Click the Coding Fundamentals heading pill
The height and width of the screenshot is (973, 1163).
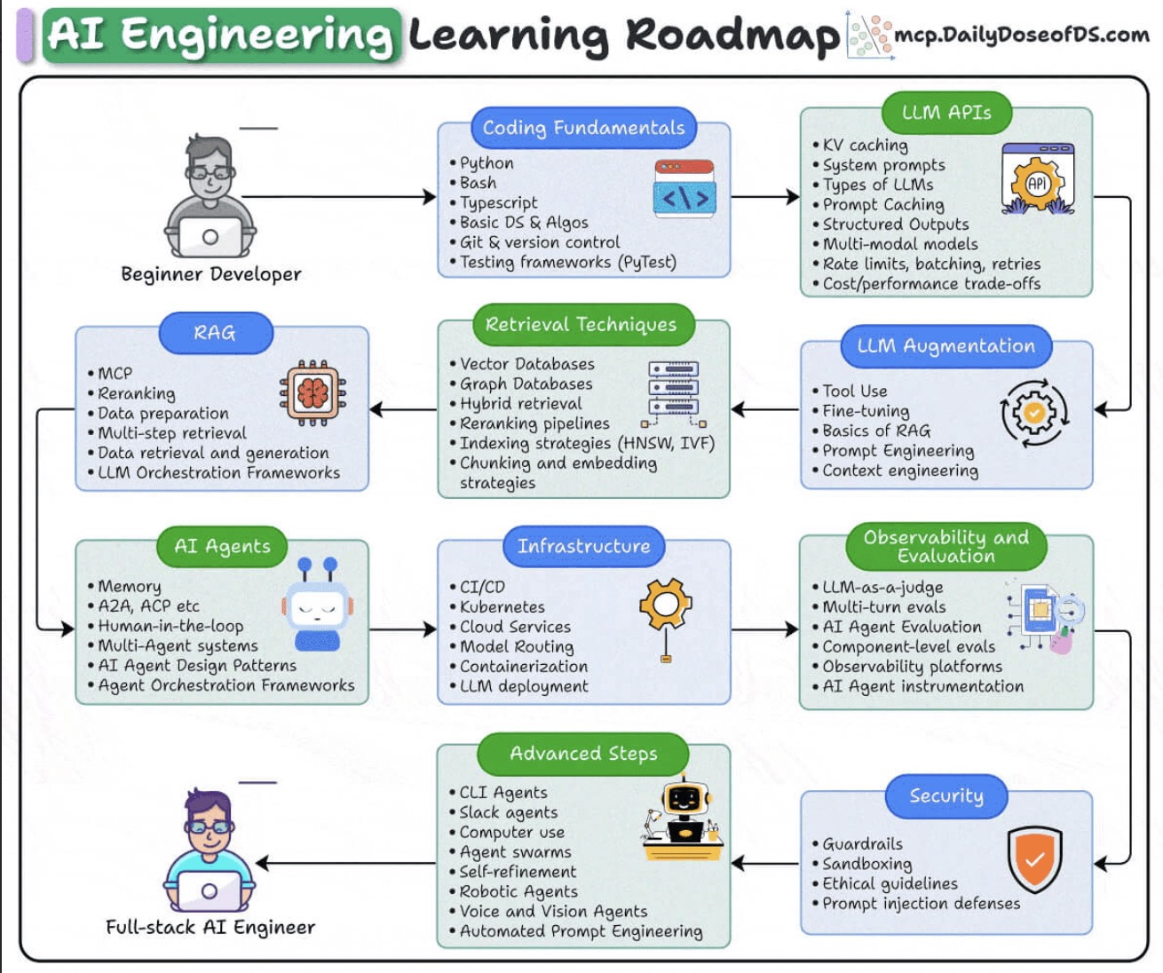point(583,128)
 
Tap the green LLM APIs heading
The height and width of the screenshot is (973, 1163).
point(945,113)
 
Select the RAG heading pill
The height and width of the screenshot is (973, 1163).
point(215,333)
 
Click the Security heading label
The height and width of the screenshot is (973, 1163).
point(945,795)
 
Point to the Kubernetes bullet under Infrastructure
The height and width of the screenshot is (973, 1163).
point(502,607)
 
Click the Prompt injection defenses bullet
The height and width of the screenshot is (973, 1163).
point(921,904)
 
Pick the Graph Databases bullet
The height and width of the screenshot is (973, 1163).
point(526,384)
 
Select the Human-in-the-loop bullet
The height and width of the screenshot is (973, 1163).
point(170,626)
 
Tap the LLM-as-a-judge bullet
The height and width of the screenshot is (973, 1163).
point(882,587)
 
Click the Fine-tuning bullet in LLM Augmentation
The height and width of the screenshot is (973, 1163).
point(866,411)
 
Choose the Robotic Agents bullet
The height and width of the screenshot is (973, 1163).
point(518,891)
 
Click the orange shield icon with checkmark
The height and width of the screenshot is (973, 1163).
point(1034,858)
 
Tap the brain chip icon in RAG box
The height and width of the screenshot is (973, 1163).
point(313,392)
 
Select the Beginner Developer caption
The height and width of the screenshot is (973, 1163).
point(211,274)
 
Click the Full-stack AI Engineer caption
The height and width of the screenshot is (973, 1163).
point(210,928)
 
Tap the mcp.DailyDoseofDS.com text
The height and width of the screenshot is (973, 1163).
point(1022,35)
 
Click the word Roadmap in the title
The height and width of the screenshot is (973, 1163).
point(732,35)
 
